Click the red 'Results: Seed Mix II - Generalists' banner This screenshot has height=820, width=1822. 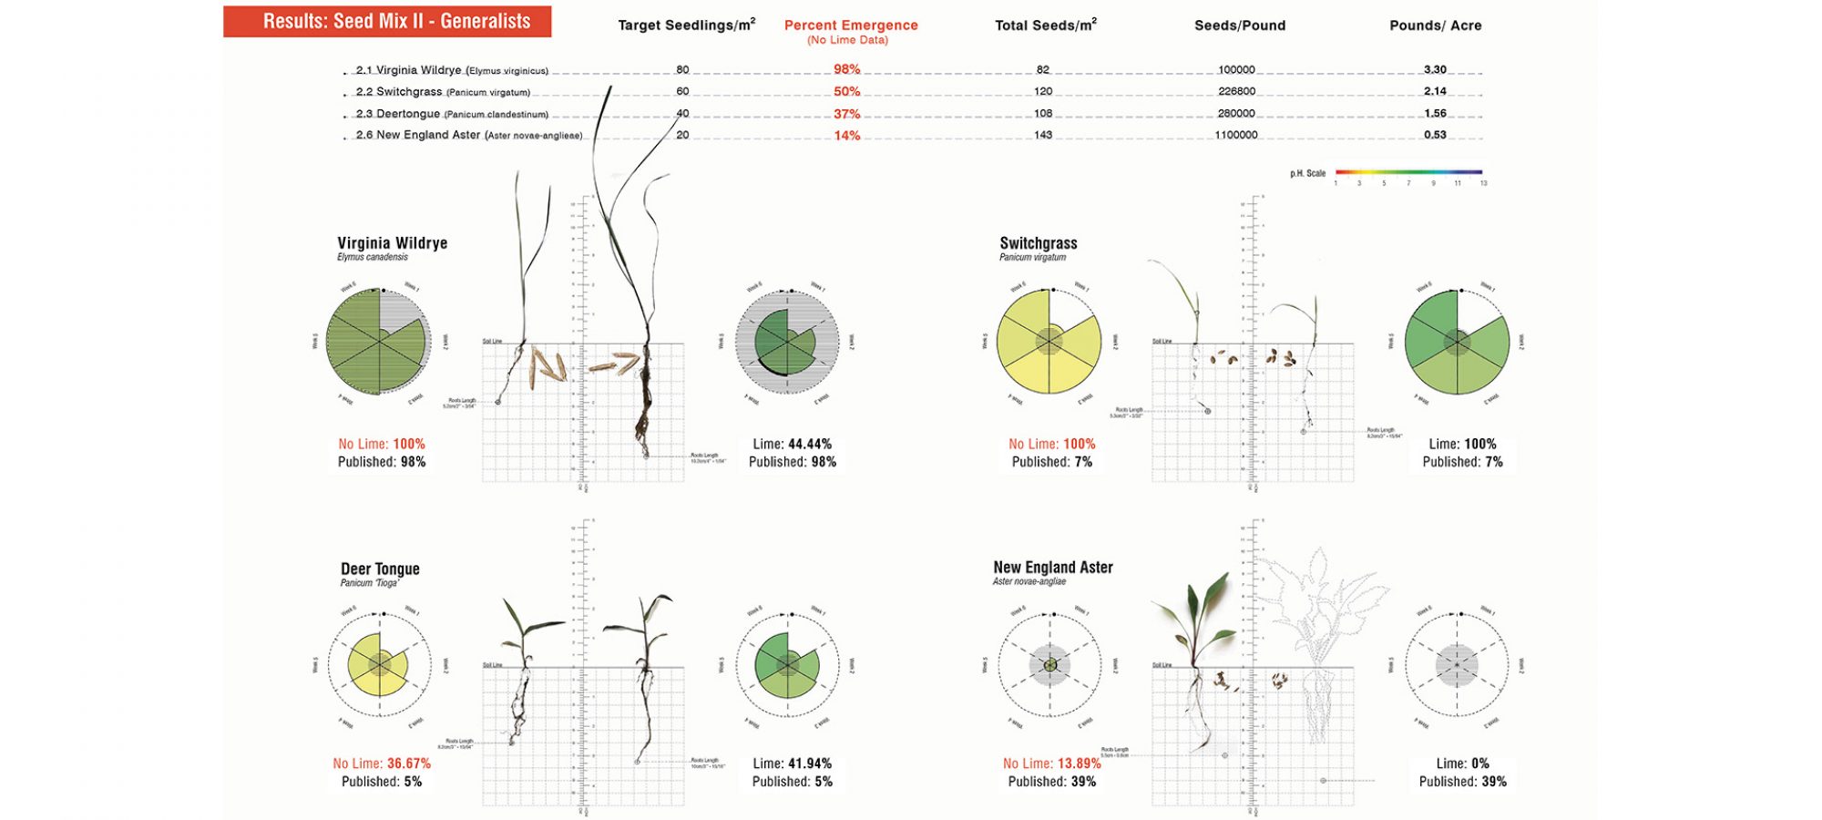[387, 21]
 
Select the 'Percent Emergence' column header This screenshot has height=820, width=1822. [851, 26]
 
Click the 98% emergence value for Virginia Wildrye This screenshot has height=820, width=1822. [846, 69]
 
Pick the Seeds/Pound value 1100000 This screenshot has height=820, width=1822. [1236, 135]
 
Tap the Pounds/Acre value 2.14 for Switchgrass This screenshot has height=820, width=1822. [1435, 91]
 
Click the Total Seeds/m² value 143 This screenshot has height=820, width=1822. [1043, 135]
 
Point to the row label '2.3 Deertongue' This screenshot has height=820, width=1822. [398, 114]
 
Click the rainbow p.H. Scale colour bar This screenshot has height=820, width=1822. [1408, 171]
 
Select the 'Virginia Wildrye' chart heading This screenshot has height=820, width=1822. [392, 243]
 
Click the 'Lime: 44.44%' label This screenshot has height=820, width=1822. [792, 444]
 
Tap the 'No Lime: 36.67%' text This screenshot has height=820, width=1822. [382, 764]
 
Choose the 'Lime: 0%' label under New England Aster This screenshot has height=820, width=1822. [1462, 764]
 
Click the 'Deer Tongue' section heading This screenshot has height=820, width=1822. [380, 569]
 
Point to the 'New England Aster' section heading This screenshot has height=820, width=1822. [1052, 567]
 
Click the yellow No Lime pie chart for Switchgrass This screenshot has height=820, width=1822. [1049, 342]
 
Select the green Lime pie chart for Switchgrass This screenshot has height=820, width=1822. [1457, 342]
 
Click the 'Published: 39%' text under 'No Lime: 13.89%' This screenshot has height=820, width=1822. [1051, 782]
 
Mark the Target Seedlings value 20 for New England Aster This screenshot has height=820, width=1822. [682, 135]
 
